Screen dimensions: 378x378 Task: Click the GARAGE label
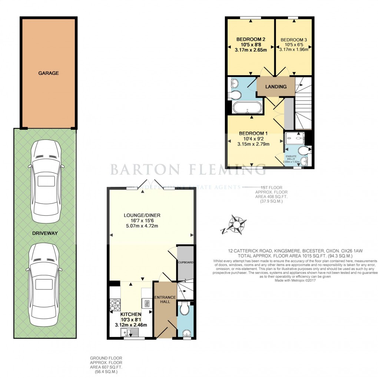(49, 73)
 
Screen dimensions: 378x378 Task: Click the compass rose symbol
(236, 225)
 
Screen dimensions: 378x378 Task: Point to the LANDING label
(276, 87)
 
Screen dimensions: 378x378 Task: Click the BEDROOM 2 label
(251, 39)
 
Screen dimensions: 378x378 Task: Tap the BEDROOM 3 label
(294, 40)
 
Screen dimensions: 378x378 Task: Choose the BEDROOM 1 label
(253, 133)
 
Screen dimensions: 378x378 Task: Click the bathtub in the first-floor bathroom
(247, 107)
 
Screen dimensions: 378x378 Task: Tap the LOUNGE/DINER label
(142, 215)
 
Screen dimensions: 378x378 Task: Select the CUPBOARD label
(186, 262)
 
